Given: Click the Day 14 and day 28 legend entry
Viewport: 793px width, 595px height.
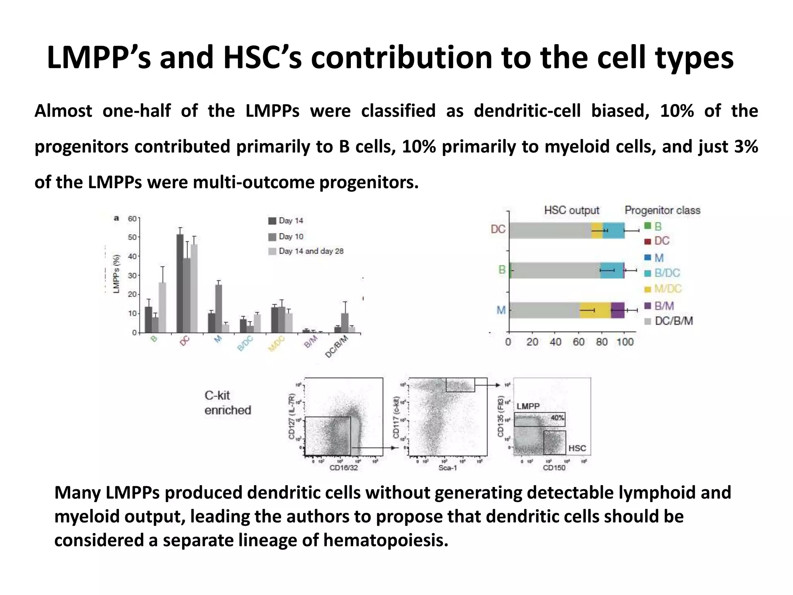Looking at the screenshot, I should click(306, 251).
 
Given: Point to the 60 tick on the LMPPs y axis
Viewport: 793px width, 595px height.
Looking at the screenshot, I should click(132, 219).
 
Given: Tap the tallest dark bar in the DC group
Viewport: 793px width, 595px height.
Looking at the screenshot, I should click(180, 283).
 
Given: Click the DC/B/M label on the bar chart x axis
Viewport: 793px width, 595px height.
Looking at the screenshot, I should click(336, 347).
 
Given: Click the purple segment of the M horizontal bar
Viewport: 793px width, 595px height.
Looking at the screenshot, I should click(618, 310).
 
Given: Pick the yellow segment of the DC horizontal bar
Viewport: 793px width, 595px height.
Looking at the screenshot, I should click(597, 231).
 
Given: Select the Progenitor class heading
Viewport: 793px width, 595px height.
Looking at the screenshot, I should click(662, 211).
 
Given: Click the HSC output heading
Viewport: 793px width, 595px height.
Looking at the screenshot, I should click(572, 211).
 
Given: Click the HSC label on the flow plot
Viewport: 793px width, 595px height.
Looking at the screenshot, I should click(577, 449).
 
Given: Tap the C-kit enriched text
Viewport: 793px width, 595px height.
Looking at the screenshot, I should click(228, 403).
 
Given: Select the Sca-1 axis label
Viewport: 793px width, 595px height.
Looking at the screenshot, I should click(448, 468).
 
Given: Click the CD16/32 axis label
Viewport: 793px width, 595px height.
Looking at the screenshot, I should click(343, 468).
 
